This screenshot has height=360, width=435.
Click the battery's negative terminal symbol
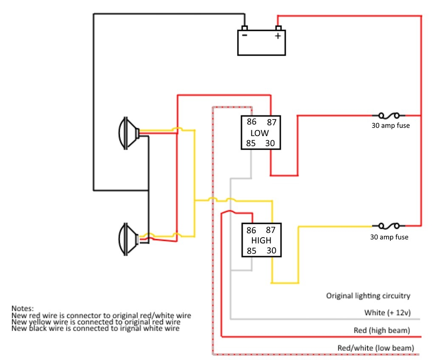[x=245, y=36]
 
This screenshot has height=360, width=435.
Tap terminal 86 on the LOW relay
[x=251, y=122]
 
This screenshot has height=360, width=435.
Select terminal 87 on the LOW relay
[x=271, y=122]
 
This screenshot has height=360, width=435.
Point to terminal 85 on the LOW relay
[x=251, y=143]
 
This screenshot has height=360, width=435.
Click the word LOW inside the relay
[x=260, y=133]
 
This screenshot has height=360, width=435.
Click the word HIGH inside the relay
[x=261, y=241]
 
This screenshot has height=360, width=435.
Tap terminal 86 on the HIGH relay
[x=251, y=230]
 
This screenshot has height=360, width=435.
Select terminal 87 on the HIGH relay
[x=271, y=230]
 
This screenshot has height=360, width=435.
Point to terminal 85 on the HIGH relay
[x=251, y=251]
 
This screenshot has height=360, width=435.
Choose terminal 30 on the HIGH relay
[x=271, y=251]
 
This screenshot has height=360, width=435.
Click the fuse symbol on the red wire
[x=388, y=115]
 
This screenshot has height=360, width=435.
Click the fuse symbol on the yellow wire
[x=388, y=226]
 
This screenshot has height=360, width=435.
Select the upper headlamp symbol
[x=129, y=133]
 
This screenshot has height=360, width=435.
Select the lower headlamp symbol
[x=129, y=239]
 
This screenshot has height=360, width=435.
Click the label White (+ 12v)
[x=387, y=313]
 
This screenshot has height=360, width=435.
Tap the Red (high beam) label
[x=382, y=330]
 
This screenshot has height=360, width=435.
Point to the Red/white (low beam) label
[x=376, y=348]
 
